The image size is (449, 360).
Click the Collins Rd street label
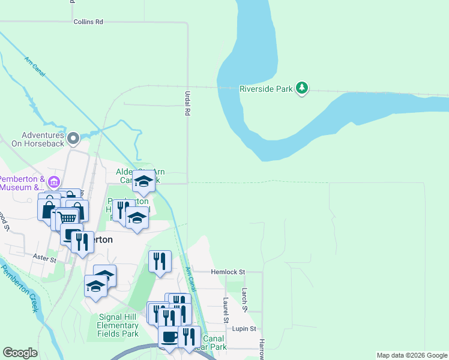pyautogui.click(x=88, y=22)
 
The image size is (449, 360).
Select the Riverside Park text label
pyautogui.click(x=266, y=89)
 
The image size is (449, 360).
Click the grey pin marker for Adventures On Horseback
pyautogui.click(x=73, y=139)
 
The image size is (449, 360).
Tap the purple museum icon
pyautogui.click(x=54, y=182)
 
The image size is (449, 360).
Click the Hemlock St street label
pyautogui.click(x=228, y=272)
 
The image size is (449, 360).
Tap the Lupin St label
pyautogui.click(x=244, y=329)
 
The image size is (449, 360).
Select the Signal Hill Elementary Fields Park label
pyautogui.click(x=118, y=325)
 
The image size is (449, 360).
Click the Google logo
pyautogui.click(x=20, y=353)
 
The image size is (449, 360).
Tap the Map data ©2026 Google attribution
pyautogui.click(x=411, y=355)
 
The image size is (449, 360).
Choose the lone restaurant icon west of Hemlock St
pyautogui.click(x=160, y=262)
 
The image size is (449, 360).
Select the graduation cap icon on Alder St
pyautogui.click(x=143, y=181)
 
